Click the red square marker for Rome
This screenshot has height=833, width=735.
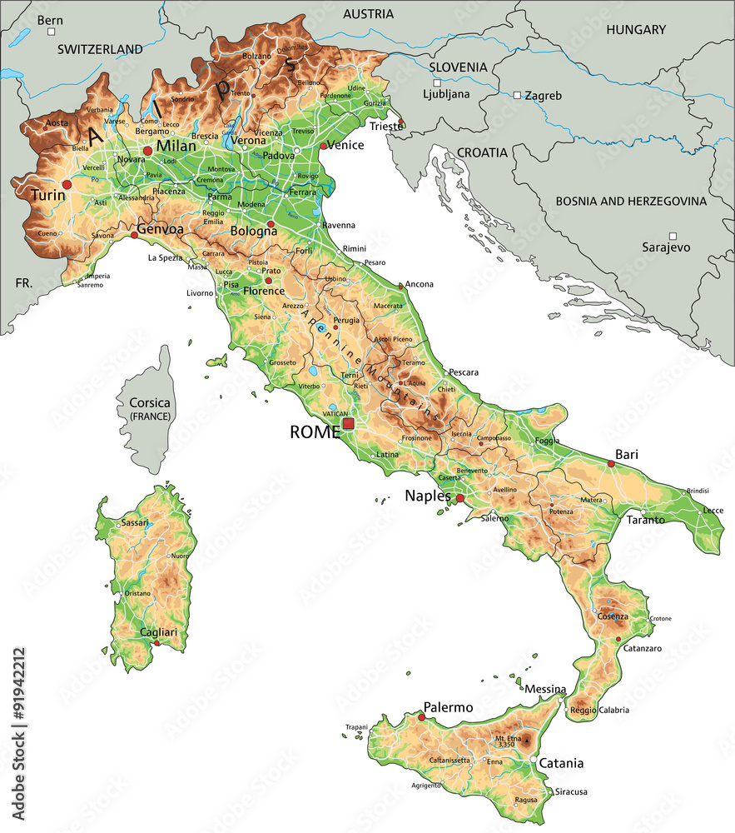pyautogui.click(x=348, y=424)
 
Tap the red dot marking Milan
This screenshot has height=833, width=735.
pyautogui.click(x=147, y=150)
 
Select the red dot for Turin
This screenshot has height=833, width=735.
pyautogui.click(x=67, y=184)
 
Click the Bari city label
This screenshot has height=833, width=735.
pyautogui.click(x=626, y=456)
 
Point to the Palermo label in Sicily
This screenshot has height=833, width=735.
pyautogui.click(x=448, y=708)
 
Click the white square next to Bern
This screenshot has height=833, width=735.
pyautogui.click(x=52, y=32)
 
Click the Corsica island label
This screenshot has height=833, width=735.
pyautogui.click(x=150, y=403)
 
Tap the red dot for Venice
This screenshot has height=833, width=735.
pyautogui.click(x=324, y=147)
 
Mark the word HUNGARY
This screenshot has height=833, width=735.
pyautogui.click(x=636, y=30)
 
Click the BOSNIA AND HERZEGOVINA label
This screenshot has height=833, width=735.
pyautogui.click(x=631, y=201)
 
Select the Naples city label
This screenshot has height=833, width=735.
pyautogui.click(x=427, y=496)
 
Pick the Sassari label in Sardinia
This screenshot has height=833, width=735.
pyautogui.click(x=135, y=523)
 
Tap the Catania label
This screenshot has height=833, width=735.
pyautogui.click(x=561, y=763)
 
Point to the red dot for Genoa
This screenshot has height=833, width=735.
pyautogui.click(x=135, y=236)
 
